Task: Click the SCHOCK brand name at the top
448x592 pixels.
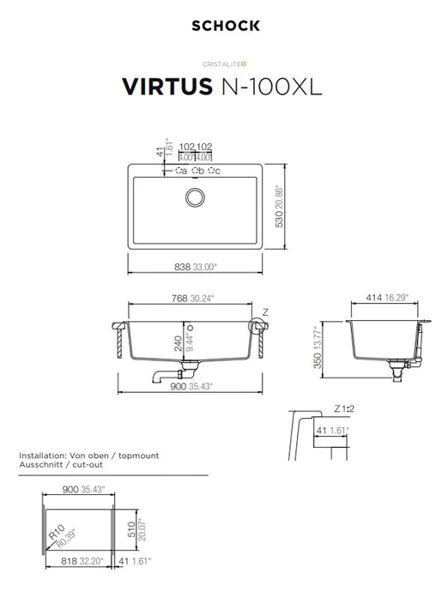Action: pos(225,27)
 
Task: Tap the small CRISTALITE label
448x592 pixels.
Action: pos(222,63)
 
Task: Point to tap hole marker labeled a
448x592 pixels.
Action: pos(180,172)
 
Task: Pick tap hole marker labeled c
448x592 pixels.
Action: pos(215,172)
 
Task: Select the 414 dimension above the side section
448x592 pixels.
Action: pos(374,298)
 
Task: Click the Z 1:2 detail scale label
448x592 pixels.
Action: pos(347,408)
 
